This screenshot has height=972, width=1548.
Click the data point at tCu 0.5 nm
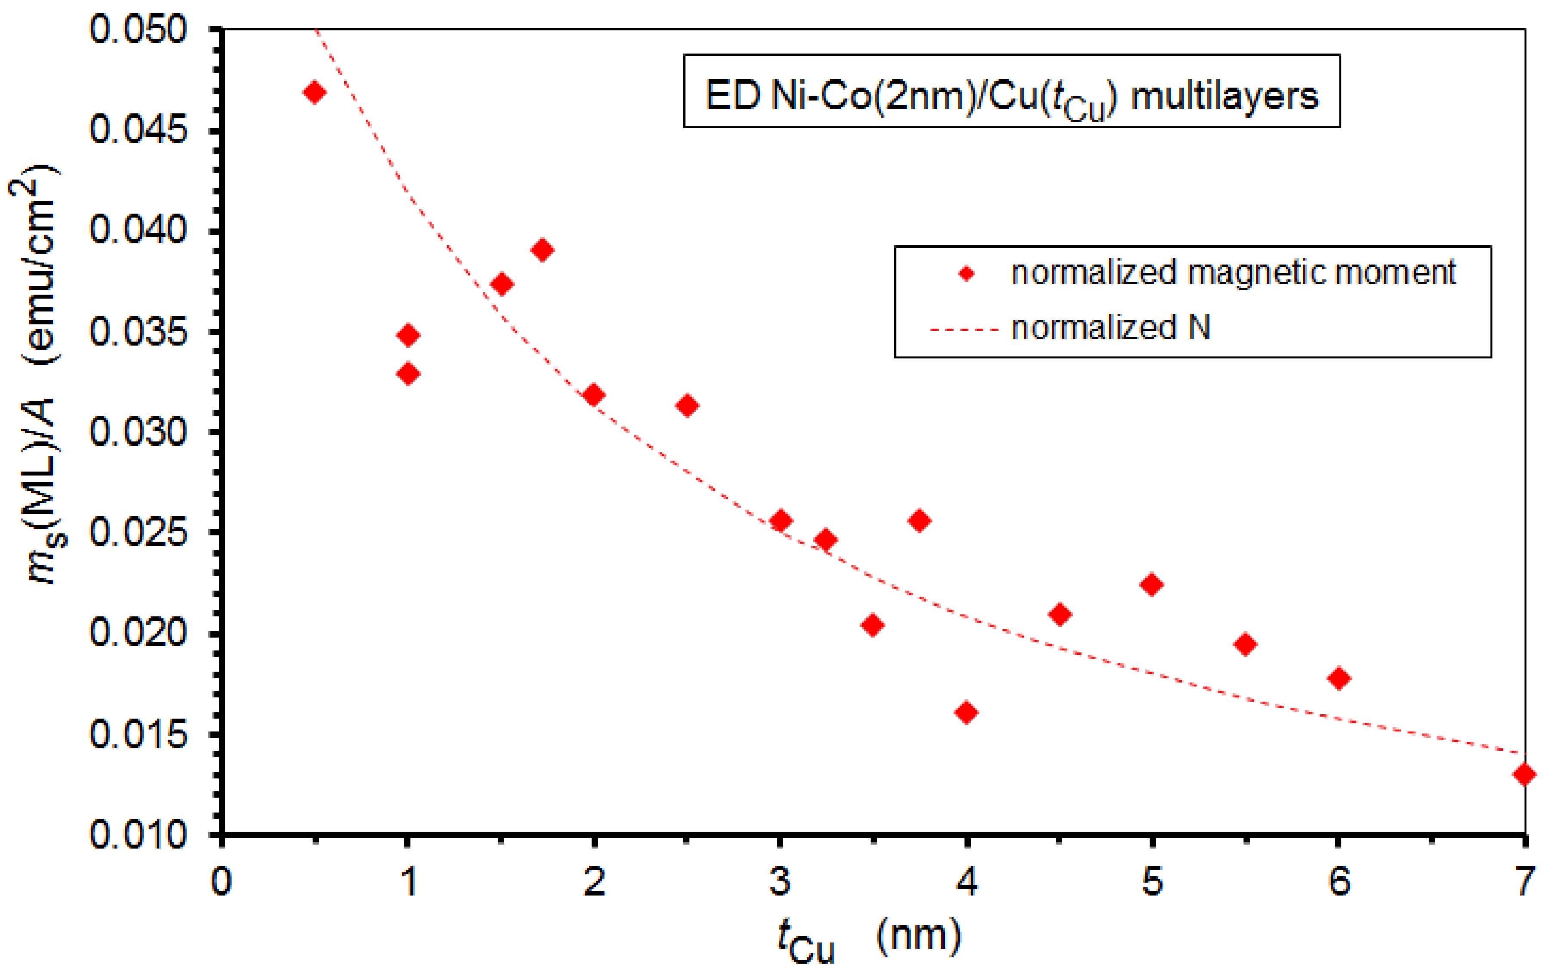(314, 93)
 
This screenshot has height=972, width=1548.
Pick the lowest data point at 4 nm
(966, 712)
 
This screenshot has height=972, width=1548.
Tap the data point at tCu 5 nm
(1151, 585)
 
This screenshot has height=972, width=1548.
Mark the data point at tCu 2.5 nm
(687, 406)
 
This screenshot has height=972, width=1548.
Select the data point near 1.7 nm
(543, 249)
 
